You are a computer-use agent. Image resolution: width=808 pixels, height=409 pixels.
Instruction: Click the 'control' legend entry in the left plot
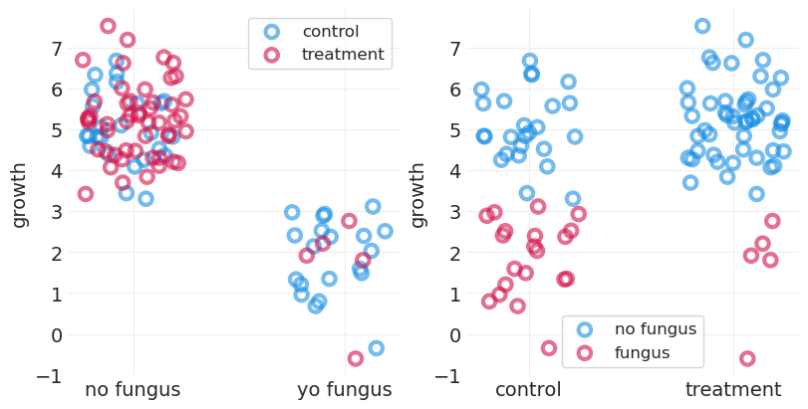point(330,32)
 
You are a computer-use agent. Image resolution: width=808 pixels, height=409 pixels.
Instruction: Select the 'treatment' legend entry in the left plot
point(342,55)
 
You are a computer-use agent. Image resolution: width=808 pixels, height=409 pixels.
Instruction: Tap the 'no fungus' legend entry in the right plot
point(655,329)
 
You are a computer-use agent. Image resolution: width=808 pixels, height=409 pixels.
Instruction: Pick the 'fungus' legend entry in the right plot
point(643,352)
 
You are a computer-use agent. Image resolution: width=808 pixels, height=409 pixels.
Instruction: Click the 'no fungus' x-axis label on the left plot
point(133,390)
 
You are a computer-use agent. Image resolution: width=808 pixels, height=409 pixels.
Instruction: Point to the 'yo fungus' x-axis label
point(345,390)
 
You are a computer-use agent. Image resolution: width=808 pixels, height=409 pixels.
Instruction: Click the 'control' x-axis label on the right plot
point(528,390)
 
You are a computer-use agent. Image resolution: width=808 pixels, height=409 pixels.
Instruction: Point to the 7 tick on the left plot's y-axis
point(56,49)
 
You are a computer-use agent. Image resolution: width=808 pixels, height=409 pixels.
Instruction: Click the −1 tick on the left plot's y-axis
point(50,376)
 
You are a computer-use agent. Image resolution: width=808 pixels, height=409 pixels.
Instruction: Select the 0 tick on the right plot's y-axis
point(454,335)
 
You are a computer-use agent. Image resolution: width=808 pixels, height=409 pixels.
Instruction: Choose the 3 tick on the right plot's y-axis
point(454,212)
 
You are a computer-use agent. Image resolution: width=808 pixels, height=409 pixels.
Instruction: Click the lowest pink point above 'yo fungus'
point(356,358)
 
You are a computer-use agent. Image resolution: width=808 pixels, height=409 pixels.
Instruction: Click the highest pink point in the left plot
point(108,26)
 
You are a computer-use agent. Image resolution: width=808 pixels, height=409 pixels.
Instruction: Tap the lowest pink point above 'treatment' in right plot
point(747,358)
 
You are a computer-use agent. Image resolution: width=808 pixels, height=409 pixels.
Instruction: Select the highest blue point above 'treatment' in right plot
point(702,26)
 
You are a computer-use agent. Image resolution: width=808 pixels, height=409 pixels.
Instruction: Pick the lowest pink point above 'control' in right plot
point(549,348)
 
